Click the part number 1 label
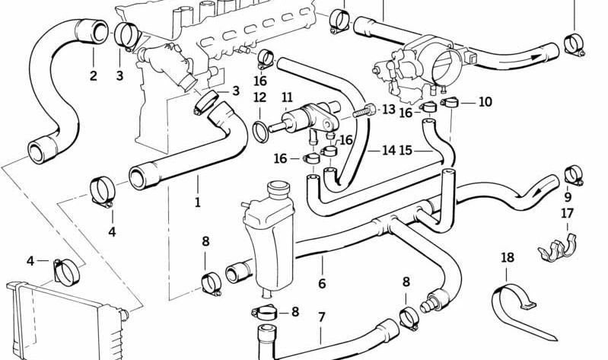(x=197, y=202)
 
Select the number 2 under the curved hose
(x=93, y=75)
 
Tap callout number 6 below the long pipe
(x=322, y=283)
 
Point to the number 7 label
(x=321, y=317)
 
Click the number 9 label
(x=567, y=197)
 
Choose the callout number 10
(x=485, y=102)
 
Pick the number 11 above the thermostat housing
(x=287, y=97)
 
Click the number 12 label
(x=259, y=97)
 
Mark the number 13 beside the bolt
(x=388, y=110)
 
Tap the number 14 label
(x=388, y=151)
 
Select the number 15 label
(x=406, y=151)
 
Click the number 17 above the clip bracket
(x=567, y=214)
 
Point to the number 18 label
(x=508, y=257)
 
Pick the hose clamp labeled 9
(x=573, y=174)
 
